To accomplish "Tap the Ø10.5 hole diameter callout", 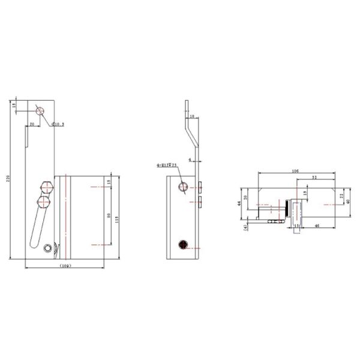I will point(58,124).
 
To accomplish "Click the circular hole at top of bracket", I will point(40,111).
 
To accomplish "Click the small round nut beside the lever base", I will point(48,247).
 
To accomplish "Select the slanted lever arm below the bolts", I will point(37,228).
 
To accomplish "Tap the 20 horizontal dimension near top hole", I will point(31,123).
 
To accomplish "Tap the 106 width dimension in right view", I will point(295,170).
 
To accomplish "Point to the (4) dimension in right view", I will point(245,226).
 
